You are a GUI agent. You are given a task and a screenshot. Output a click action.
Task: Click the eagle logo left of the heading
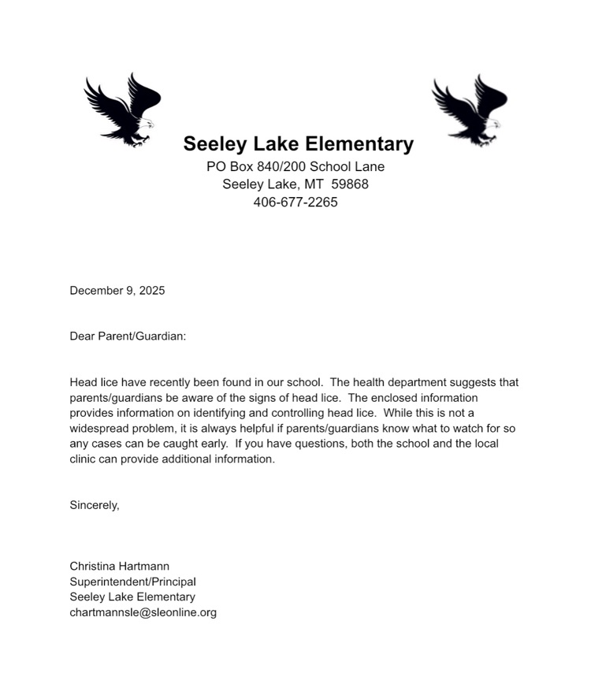122,110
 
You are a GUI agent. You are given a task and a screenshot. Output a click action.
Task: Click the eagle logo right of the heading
470,110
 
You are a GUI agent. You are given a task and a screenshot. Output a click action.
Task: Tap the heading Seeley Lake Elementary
298,144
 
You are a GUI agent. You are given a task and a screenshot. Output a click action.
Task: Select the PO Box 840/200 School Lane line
295,166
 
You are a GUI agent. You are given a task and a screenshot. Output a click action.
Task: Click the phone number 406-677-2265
295,203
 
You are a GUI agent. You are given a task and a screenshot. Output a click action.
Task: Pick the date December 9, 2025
117,291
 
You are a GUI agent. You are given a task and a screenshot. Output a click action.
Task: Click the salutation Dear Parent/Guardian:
128,336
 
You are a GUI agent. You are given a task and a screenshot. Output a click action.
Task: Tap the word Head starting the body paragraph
84,383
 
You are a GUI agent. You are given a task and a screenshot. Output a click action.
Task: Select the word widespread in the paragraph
98,429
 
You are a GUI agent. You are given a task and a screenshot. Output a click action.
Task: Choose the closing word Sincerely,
95,505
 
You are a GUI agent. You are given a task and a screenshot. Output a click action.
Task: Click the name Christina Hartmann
120,567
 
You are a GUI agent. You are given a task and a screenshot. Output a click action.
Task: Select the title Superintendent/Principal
132,582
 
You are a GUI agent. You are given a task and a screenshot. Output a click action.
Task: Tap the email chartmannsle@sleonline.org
143,612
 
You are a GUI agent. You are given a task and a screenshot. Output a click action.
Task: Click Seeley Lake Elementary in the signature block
132,597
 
